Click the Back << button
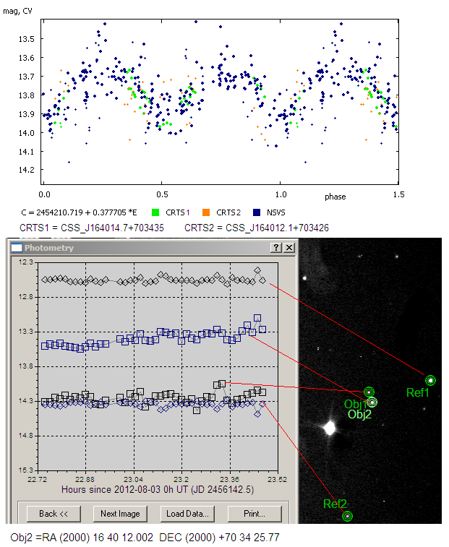[x=54, y=514]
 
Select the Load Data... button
[x=187, y=514]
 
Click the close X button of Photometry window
[x=289, y=248]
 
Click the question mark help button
[x=275, y=248]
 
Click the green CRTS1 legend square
[x=155, y=212]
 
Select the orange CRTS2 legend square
[x=205, y=212]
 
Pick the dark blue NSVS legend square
[x=256, y=212]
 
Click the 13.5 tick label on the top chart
[x=27, y=39]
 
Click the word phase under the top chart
[x=335, y=197]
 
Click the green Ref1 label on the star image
[x=418, y=393]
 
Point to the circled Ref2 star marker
[x=347, y=516]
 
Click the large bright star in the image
[x=330, y=428]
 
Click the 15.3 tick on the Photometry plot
[x=27, y=470]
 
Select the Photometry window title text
[x=48, y=248]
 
